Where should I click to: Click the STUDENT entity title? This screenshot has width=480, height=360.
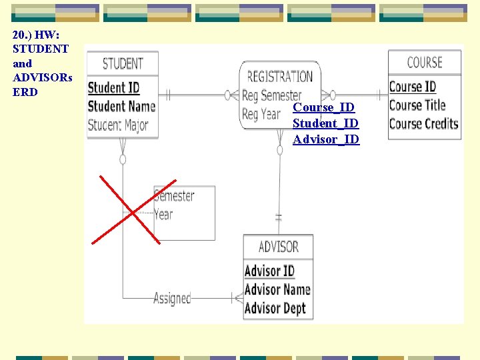123,63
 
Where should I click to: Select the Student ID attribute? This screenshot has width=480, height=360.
113,87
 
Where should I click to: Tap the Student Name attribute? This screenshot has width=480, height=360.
121,106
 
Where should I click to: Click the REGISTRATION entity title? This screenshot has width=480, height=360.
280,77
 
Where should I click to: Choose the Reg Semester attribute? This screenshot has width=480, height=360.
271,95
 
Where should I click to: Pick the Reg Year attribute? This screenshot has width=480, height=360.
261,114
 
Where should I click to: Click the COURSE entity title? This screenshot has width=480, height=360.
425,63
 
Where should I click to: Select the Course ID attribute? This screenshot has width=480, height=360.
412,87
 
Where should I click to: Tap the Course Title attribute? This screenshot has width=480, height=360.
417,105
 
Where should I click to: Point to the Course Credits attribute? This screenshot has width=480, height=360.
423,123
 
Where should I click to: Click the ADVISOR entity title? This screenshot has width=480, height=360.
278,247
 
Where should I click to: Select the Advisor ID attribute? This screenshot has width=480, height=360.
269,271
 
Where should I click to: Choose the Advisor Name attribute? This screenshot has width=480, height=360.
277,289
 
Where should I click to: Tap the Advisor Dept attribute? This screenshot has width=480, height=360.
275,308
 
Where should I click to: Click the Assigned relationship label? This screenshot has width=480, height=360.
172,298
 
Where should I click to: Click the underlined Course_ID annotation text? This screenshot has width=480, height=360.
324,107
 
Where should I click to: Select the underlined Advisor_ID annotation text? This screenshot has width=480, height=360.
326,139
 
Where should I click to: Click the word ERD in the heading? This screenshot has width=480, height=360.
25,92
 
